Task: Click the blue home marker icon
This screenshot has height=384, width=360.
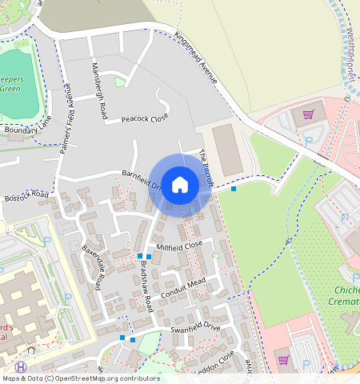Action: coord(180,185)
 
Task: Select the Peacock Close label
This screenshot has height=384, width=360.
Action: coord(145,118)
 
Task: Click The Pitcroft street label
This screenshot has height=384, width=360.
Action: coord(207,168)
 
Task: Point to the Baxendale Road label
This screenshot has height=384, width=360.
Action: coord(94,267)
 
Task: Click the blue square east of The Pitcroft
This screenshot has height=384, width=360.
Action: coord(234,189)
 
